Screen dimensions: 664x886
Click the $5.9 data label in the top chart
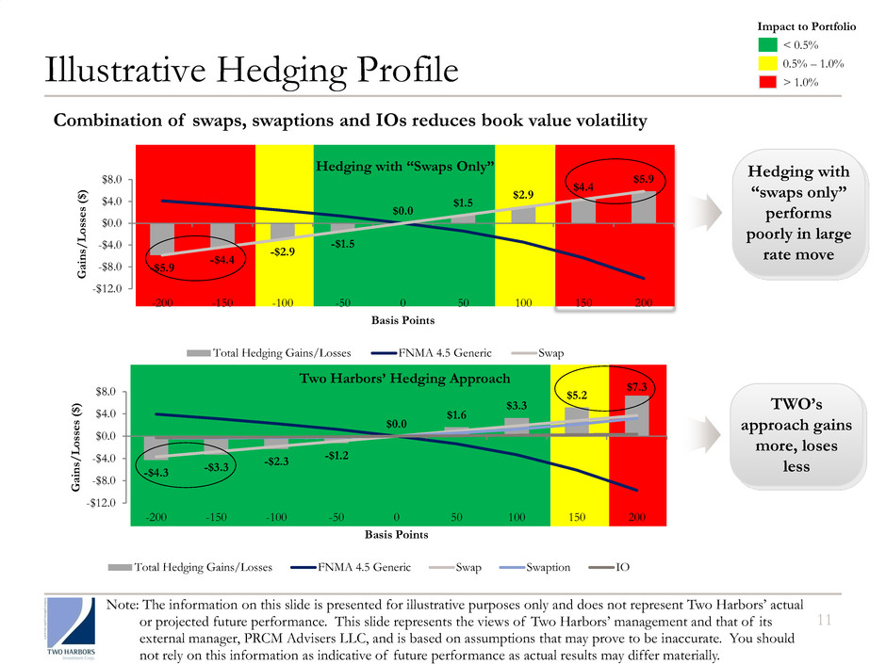(x=644, y=177)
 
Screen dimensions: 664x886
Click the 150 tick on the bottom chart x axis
(x=577, y=517)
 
